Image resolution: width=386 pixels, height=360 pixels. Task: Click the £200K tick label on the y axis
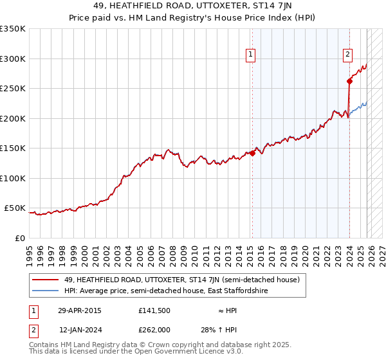[13, 118]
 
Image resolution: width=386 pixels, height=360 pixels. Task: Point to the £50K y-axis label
[15, 208]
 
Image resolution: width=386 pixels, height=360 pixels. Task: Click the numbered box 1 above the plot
[250, 55]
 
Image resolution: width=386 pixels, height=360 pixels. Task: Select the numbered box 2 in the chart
[347, 55]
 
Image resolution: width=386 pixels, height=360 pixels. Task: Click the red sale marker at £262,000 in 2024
[349, 81]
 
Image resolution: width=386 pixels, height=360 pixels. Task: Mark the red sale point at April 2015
[252, 153]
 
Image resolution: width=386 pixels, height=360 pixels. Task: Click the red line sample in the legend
[46, 280]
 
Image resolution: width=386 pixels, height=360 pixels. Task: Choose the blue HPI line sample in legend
[46, 291]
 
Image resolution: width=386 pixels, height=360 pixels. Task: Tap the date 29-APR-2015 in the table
[79, 310]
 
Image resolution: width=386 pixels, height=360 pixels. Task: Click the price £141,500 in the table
[153, 310]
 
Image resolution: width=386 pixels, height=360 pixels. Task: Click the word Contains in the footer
[43, 345]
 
